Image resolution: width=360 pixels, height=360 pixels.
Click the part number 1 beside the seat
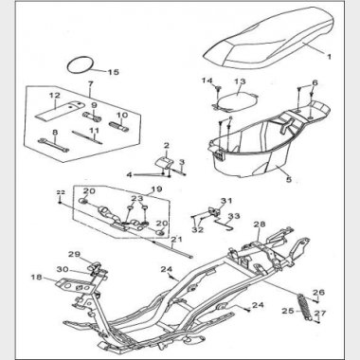pos(329,57)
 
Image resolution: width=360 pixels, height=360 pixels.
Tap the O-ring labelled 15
pos(69,66)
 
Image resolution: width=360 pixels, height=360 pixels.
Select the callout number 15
pos(114,72)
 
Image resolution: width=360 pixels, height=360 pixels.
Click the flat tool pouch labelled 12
pos(60,109)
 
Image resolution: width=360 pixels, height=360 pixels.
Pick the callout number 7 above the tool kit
pos(91,84)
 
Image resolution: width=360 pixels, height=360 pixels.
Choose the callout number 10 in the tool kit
pos(123,115)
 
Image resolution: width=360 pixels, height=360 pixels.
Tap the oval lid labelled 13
pos(238,99)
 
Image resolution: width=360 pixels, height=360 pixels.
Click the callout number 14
pos(207,81)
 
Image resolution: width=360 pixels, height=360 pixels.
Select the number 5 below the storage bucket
pos(289,179)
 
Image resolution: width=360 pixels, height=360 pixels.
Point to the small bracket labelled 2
pos(164,162)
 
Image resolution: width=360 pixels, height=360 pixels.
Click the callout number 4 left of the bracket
pos(129,174)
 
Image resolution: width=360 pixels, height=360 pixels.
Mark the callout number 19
pos(156,189)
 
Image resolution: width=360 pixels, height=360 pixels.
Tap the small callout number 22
pos(61,192)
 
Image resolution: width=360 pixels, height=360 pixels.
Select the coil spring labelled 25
pos(304,307)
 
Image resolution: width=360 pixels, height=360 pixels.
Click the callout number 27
pos(320,314)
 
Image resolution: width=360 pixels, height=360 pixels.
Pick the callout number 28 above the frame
pos(260,225)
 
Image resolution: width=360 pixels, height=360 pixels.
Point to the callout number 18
pos(37,278)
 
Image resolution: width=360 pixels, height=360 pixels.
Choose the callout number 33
pos(234,216)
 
